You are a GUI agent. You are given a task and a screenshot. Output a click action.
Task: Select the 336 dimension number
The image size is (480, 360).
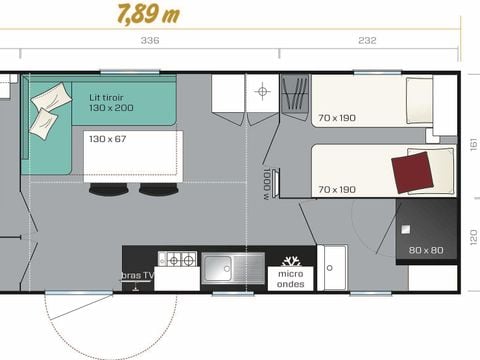coord(149,41)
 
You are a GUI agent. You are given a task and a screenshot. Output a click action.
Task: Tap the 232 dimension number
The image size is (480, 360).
coord(366,41)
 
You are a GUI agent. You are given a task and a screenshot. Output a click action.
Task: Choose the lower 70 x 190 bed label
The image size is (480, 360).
coord(336,189)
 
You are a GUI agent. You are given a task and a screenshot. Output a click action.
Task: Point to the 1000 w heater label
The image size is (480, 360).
coord(264,185)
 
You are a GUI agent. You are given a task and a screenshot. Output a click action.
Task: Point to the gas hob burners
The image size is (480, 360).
coord(181,260)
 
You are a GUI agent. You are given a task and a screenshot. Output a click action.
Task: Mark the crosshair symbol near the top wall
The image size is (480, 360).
coord(263,92)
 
